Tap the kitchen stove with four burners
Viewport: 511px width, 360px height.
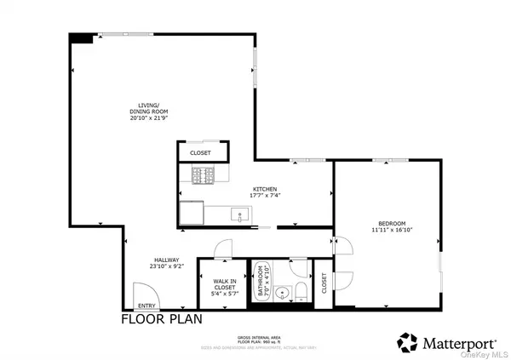203,176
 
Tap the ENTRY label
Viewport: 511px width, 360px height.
146,306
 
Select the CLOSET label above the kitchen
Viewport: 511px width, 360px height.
202,153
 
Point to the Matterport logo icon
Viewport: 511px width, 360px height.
408,342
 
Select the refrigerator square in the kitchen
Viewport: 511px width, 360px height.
192,211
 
